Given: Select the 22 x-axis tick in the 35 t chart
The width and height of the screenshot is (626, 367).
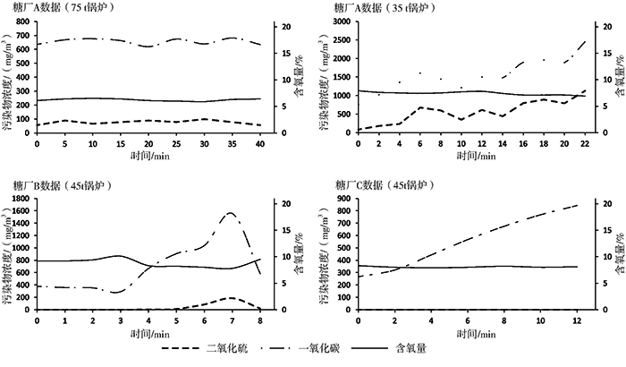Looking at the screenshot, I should [584, 143].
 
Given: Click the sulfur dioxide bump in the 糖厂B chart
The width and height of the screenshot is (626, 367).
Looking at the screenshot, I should [231, 298].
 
